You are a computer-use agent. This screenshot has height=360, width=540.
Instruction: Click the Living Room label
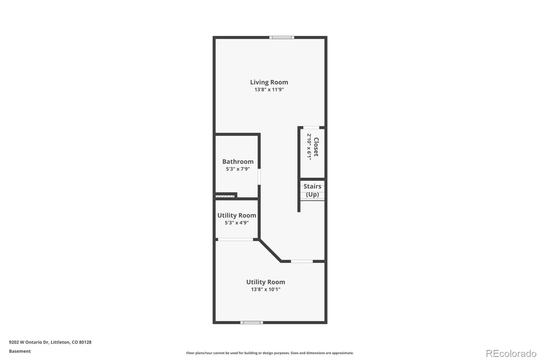tap(269, 82)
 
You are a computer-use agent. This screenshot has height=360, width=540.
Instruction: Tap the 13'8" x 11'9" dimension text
tap(269, 89)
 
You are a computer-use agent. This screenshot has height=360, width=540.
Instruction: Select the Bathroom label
tap(238, 161)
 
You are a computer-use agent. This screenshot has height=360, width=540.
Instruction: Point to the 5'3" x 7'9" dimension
tap(238, 169)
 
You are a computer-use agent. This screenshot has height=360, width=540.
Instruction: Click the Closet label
tap(316, 147)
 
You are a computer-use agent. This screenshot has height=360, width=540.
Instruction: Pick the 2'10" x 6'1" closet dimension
tap(309, 147)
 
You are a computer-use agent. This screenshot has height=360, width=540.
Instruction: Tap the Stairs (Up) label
tap(313, 190)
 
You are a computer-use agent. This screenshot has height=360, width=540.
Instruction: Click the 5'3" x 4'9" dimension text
tap(237, 223)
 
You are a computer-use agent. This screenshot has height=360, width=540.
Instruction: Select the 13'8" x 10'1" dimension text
tap(266, 289)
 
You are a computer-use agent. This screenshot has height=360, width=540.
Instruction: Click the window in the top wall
tap(282, 37)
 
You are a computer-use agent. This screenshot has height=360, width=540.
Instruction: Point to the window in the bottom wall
tap(252, 323)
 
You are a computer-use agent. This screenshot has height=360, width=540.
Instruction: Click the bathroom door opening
tap(259, 177)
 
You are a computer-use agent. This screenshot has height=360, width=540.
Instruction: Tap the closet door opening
tap(311, 127)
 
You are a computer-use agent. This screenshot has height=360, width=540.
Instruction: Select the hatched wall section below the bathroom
tap(225, 197)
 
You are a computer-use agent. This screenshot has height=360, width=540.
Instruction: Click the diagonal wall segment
tap(270, 251)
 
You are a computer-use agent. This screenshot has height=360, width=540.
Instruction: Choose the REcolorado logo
tap(511, 354)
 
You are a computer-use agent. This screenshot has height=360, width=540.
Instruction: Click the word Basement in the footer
tap(20, 351)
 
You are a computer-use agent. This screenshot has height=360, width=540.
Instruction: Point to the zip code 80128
tap(85, 342)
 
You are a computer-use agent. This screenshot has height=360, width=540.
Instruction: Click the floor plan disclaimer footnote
tap(270, 353)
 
